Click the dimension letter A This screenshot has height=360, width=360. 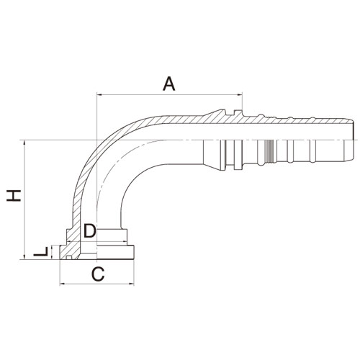click(x=169, y=84)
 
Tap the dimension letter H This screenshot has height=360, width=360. click(x=14, y=195)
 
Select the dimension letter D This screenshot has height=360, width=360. click(x=89, y=230)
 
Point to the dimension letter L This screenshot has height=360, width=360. click(x=41, y=251)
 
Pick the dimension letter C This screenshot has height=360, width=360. click(x=98, y=274)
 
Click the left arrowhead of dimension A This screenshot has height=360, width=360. click(x=99, y=95)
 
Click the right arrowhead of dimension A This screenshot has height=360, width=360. click(x=240, y=95)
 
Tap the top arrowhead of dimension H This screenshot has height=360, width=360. click(x=24, y=143)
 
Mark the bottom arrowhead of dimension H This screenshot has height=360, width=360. click(x=24, y=257)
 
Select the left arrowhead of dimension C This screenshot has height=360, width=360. click(x=62, y=284)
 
